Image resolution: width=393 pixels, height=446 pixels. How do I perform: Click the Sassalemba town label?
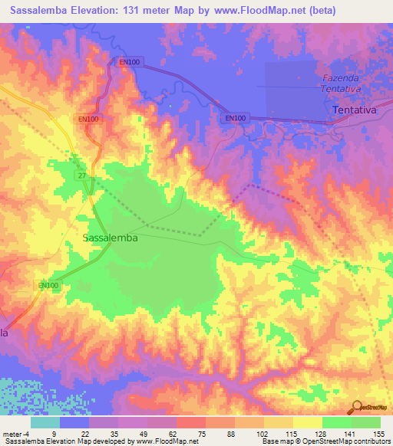point(110,238)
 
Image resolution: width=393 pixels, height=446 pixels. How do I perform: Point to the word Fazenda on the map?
point(339,79)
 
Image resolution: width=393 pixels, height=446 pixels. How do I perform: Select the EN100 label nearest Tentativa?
point(236,118)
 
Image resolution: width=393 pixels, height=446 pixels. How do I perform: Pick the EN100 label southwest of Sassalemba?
point(48,286)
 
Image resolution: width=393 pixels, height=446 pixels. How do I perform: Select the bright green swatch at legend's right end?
point(365,422)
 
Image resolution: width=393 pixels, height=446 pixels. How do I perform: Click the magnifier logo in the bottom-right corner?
point(357,407)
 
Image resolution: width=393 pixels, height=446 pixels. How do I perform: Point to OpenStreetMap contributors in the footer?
point(345,442)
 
